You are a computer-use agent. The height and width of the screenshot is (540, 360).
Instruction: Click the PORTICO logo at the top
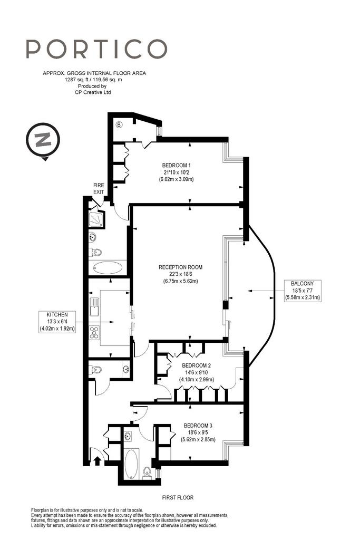coord(96,49)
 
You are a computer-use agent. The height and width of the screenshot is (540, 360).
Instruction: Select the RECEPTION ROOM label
coord(180,274)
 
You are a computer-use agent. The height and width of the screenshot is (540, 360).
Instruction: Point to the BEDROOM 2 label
coord(197,372)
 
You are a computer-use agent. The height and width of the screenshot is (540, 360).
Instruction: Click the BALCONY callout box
coord(303,291)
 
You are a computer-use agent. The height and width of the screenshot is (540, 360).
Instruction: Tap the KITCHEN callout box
coord(57,322)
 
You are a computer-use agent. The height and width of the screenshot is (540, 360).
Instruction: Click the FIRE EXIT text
coord(99,188)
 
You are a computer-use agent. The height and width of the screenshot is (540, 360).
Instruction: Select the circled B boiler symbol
coord(119,124)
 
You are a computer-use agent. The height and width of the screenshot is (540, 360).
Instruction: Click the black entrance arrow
coord(98,460)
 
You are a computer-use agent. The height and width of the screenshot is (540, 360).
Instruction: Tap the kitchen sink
coord(94,306)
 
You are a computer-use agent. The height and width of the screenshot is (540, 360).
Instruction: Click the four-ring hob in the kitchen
coord(94,332)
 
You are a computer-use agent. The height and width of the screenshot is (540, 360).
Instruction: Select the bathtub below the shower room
coord(108,267)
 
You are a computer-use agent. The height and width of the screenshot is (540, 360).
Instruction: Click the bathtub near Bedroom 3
coord(131,464)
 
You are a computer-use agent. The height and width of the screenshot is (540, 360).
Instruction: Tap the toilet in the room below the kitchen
coord(95,370)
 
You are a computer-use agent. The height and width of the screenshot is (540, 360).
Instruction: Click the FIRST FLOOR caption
coord(178,497)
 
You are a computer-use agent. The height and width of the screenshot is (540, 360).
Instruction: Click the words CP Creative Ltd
coord(93,92)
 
